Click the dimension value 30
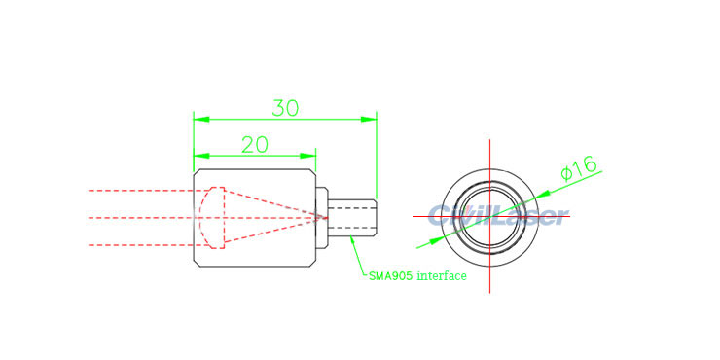285,107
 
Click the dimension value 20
254,145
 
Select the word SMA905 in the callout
390,276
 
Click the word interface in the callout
442,276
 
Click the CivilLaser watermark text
496,215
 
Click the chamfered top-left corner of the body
198,173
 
